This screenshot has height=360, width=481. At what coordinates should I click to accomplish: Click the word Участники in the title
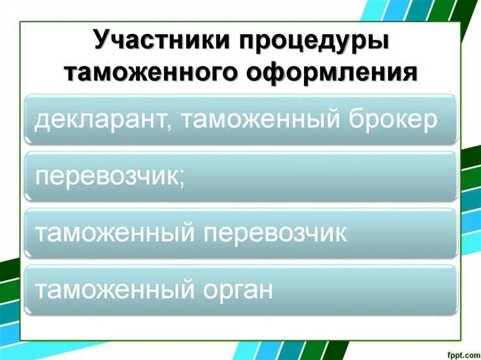[x=163, y=39]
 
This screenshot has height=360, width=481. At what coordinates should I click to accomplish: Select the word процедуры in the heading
[x=315, y=39]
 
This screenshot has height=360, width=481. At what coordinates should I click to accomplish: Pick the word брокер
[x=394, y=119]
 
